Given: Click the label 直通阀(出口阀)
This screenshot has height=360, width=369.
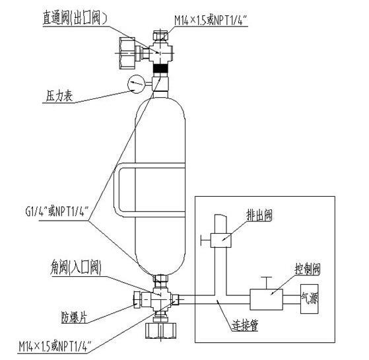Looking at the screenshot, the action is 75,18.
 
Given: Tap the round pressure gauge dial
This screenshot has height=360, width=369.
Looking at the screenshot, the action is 136,84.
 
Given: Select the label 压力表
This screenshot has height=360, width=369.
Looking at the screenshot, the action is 59,96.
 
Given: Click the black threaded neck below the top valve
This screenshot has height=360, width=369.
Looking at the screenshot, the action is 161,69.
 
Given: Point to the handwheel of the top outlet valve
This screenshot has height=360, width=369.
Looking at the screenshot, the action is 127,53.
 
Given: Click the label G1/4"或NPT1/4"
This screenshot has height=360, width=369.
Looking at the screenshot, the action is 57,211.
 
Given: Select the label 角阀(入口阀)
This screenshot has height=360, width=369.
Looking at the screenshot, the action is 76,268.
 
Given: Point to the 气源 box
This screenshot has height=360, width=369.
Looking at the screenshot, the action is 309,299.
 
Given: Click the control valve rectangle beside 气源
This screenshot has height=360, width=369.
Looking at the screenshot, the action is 266,299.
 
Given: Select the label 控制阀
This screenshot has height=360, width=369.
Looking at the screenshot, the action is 308,269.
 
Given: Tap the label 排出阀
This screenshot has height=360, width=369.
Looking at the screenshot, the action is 259,215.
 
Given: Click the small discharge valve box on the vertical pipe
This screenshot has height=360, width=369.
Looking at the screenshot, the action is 221,240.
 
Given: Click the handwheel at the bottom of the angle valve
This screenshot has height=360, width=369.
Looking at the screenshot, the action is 161,330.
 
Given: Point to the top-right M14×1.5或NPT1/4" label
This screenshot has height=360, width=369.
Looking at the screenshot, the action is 211,20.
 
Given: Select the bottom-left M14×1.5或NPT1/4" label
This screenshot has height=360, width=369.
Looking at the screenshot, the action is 55,347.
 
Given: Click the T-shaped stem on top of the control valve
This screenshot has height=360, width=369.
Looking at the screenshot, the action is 266,283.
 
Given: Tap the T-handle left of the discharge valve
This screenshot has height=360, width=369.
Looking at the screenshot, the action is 205,240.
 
